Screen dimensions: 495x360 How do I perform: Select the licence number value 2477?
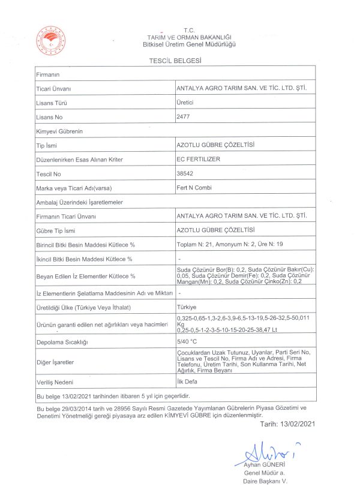tap(183, 116)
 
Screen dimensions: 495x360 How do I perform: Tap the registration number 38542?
tap(185, 173)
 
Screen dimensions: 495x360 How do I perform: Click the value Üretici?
tap(185, 103)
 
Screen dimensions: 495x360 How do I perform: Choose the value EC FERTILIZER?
tap(199, 159)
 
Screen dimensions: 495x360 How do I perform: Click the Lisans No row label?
tap(50, 117)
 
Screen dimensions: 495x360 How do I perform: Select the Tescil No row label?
tap(50, 174)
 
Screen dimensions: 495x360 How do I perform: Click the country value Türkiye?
tap(187, 307)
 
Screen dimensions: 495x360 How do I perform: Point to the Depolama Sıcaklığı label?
tap(62, 342)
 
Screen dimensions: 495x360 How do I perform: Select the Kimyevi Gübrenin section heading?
tap(59, 131)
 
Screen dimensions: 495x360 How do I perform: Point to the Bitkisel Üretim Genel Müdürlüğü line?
tap(189, 44)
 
